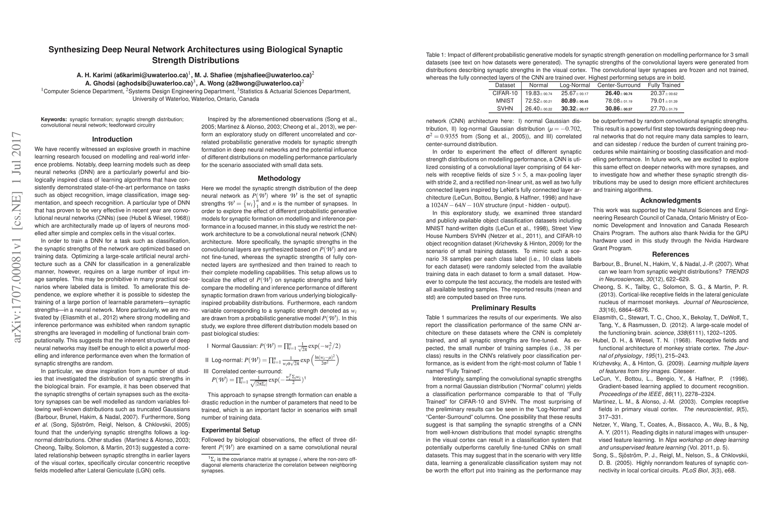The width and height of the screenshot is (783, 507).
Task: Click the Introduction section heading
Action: click(112, 139)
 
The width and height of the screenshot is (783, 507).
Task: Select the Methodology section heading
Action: click(279, 178)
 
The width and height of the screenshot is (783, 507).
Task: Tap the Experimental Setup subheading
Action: click(231, 430)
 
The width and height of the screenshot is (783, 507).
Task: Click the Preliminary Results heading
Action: click(503, 308)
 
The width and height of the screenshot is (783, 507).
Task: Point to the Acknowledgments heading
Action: click(670, 201)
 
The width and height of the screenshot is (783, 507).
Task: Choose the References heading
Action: click(670, 254)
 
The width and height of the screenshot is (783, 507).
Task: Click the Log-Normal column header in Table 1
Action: click(574, 85)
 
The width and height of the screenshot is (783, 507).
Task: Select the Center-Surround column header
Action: click(619, 85)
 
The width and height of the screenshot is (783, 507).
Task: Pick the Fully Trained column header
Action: click(664, 85)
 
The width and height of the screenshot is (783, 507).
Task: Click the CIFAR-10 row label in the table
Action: click(505, 93)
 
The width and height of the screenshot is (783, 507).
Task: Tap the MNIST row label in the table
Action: click(505, 101)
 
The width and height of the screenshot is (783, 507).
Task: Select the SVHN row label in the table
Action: click(505, 109)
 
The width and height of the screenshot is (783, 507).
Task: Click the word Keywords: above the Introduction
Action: click(54, 120)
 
